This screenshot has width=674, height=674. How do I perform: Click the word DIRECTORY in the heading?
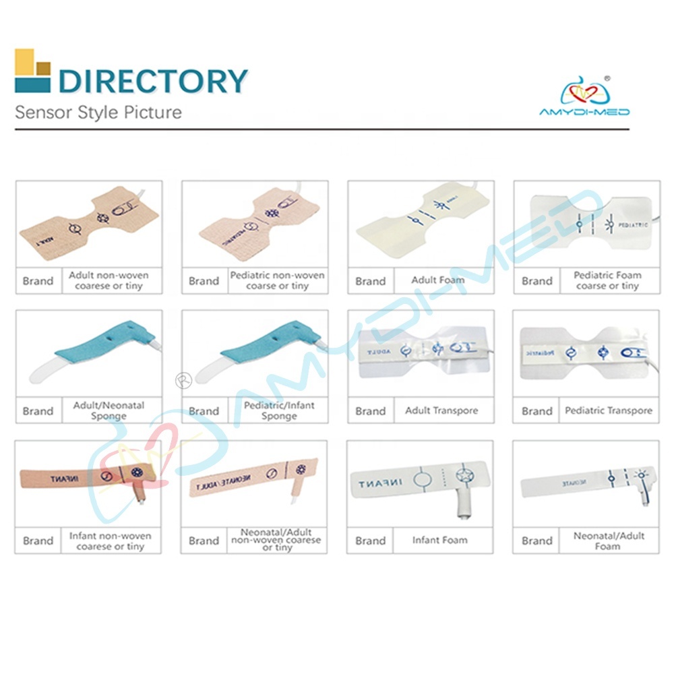coord(153,80)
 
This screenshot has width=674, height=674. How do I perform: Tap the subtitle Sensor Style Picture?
coord(98,112)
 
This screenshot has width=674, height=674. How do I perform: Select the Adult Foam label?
coord(438,280)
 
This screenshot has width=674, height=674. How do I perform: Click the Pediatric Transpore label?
coord(609,410)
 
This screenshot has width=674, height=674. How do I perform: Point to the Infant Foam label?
coord(440,540)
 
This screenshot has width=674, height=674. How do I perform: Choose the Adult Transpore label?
coord(441,410)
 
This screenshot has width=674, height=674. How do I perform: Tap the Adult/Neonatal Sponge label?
coord(109,410)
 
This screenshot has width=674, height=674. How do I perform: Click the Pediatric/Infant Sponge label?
coord(278,410)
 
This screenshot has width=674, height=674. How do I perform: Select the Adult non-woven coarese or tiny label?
coord(109,280)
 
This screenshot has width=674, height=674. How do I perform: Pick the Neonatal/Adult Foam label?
coord(609,541)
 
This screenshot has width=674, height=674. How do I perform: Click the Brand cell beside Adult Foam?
coord(370,281)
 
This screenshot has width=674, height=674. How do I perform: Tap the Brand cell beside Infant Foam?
coord(370,541)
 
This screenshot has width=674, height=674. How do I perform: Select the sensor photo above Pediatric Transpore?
coord(586,352)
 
